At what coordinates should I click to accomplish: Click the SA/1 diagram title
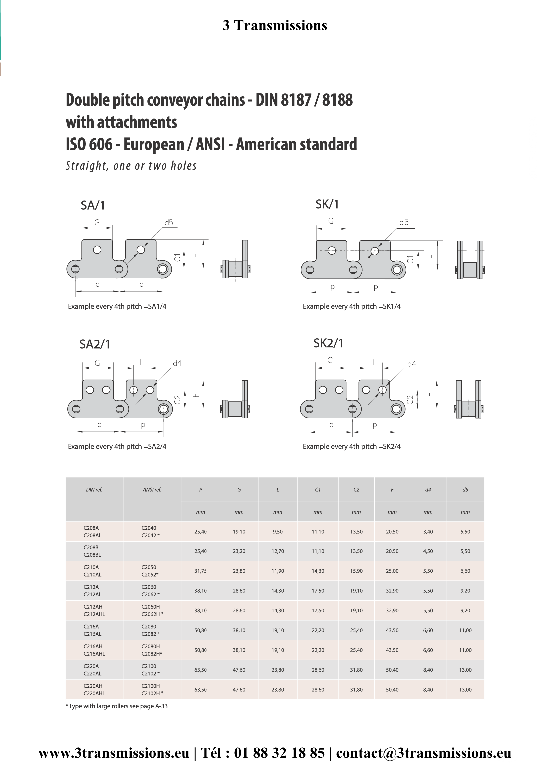(93, 205)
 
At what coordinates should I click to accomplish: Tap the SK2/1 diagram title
(328, 343)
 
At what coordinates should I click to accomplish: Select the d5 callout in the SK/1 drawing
(404, 222)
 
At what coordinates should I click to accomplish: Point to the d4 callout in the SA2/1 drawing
(177, 363)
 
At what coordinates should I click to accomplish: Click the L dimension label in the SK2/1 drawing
(375, 362)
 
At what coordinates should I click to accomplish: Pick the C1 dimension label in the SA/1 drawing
(177, 257)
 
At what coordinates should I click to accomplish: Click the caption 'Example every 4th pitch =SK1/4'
(351, 306)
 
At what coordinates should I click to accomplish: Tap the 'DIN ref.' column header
(94, 489)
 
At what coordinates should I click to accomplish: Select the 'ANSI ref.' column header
(152, 489)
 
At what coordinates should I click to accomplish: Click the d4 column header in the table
(428, 489)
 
